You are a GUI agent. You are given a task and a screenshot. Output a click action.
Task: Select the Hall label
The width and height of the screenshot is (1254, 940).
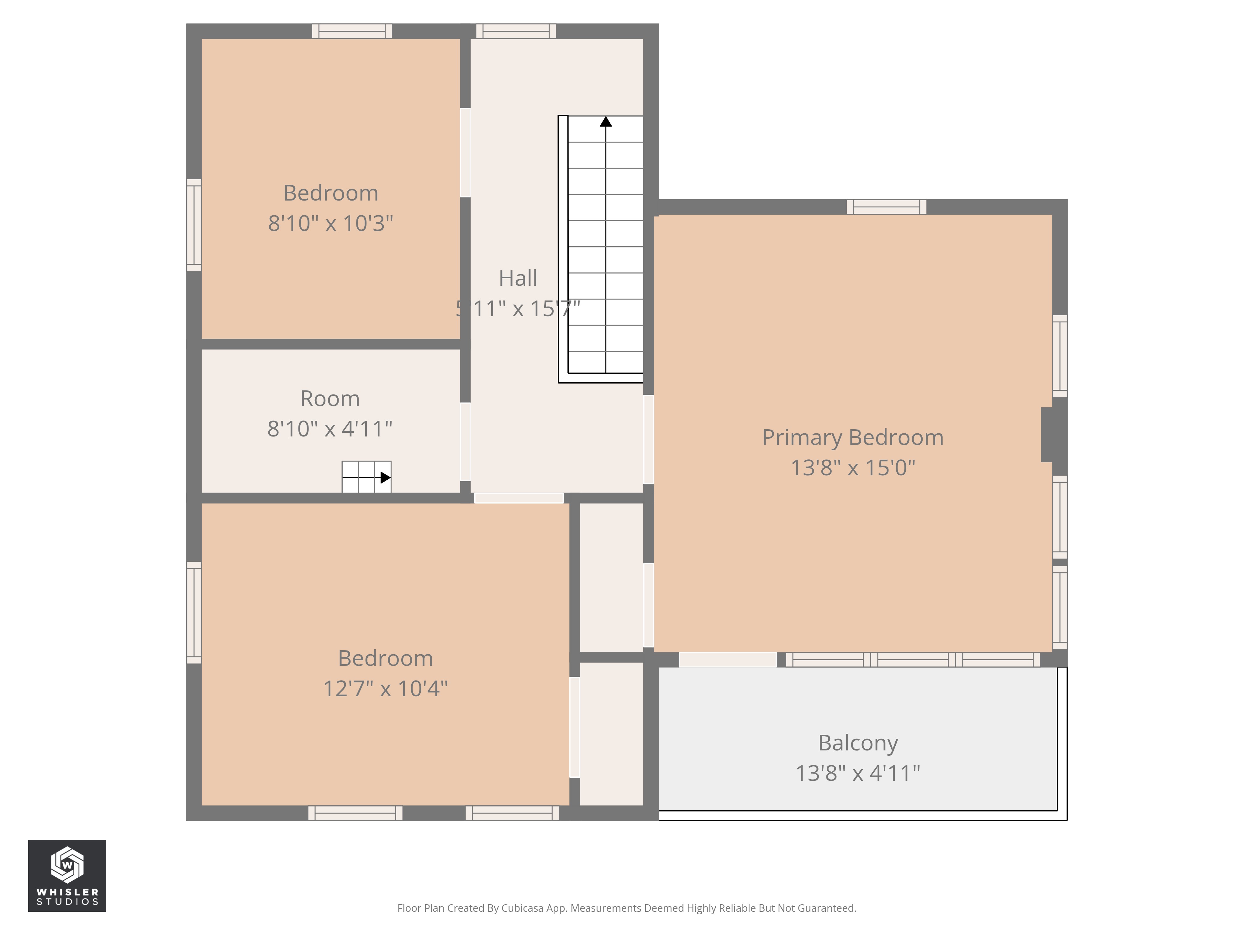[518, 278]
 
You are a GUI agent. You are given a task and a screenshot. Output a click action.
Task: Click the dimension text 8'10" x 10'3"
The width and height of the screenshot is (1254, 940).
[330, 223]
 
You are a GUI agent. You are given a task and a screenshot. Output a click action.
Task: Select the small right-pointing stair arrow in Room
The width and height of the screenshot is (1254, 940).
[385, 478]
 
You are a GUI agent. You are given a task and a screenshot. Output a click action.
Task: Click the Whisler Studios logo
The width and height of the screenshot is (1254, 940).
[67, 875]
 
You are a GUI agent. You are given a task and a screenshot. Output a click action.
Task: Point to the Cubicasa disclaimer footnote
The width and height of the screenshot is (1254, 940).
[626, 908]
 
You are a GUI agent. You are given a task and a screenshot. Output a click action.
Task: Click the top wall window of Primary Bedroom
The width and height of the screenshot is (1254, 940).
[886, 207]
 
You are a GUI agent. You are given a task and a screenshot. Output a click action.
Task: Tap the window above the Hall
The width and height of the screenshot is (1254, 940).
[516, 31]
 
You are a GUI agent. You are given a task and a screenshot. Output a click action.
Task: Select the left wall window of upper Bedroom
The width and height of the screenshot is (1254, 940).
[194, 225]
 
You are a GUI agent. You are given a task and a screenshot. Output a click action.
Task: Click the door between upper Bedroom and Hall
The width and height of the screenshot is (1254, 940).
[465, 152]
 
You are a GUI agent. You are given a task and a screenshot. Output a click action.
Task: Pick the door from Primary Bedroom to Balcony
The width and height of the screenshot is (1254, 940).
[727, 660]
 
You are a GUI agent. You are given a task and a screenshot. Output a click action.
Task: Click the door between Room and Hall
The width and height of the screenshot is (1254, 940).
[465, 441]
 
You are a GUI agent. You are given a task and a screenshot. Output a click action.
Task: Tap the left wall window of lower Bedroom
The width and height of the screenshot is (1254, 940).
[194, 613]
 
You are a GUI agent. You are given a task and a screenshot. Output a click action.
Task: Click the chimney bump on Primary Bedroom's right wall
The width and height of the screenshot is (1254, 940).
[1047, 435]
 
